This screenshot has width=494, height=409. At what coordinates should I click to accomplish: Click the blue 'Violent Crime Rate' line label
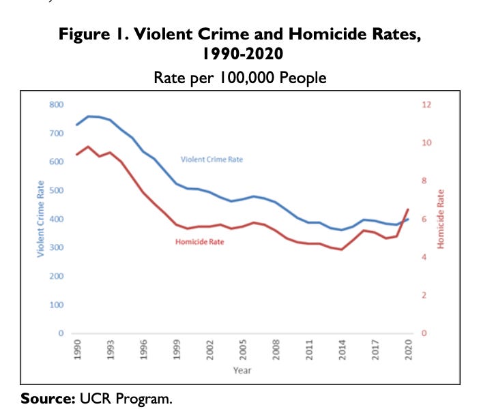click(212, 160)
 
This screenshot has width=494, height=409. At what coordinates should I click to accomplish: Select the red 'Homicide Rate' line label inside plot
click(199, 242)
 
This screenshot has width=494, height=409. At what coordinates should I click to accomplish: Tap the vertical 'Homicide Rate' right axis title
click(440, 218)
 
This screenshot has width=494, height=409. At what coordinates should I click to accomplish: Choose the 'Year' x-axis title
click(242, 372)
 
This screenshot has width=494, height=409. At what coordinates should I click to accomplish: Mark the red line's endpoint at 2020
click(408, 209)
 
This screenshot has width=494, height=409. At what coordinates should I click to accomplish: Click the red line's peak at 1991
click(88, 147)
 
